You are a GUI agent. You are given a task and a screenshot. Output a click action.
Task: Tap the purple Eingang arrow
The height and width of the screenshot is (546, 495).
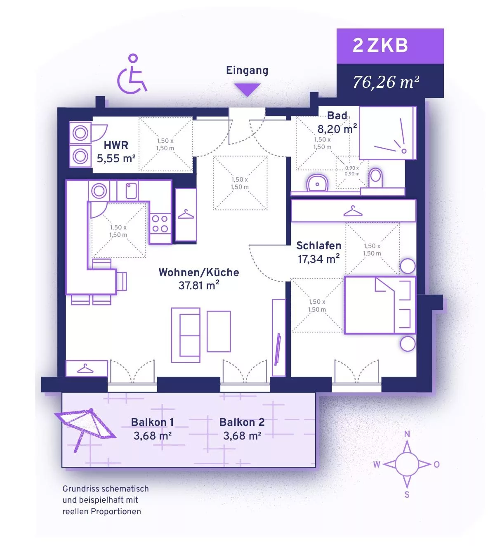pos(247,89)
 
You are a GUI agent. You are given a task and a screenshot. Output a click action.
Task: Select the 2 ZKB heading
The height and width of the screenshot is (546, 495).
pos(380,45)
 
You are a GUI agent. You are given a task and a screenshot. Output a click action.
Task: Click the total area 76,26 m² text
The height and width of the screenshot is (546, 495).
pos(386,82)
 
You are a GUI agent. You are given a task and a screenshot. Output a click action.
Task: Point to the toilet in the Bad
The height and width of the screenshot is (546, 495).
pos(375,178)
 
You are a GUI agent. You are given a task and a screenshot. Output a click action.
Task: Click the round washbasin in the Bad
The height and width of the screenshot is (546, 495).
pos(317,183)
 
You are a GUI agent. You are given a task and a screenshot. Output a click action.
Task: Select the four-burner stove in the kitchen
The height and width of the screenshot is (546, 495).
pos(160,223)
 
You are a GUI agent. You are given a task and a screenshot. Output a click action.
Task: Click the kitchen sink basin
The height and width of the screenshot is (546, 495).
pos(131,191)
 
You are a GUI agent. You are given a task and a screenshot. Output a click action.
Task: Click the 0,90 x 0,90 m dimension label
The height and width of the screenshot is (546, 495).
pos(352,171)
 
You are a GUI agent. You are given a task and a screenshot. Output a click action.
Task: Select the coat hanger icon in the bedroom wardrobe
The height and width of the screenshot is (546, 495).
pos(353,211)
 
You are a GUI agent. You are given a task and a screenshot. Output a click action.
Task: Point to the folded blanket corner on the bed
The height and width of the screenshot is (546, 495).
pos(384,284)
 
